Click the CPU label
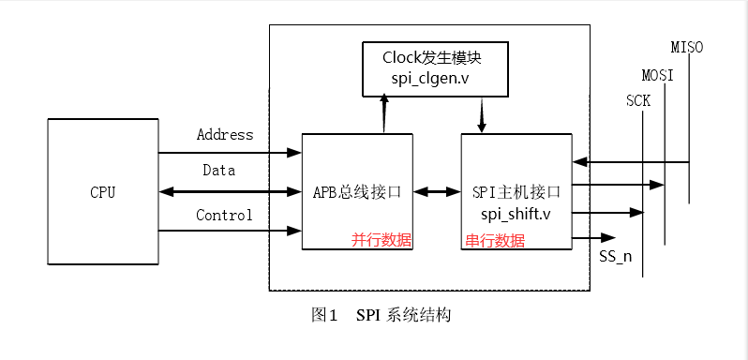pos(103,193)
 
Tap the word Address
pos(225,135)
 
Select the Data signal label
pos(218,171)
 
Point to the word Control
pos(224,216)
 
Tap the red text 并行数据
pos(381,240)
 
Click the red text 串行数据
pos(495,240)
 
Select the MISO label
pos(687,47)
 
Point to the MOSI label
pos(657,75)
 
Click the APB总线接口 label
pos(357,192)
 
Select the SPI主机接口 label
pos(516,192)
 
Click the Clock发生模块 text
pos(432,56)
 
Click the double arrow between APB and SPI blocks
pos(437,192)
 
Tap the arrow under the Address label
pos(230,153)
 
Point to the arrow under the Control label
pos(230,231)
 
